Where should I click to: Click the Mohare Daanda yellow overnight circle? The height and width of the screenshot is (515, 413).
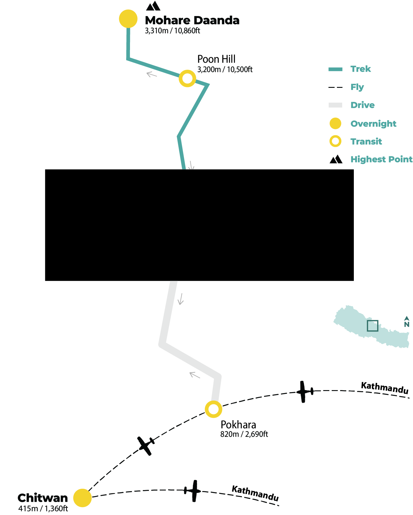128,19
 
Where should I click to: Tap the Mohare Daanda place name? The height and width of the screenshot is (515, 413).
192,20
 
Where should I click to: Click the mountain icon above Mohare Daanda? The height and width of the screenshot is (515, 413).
153,6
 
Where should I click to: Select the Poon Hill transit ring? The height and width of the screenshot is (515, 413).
187,78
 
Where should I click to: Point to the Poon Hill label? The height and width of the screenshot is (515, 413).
216,59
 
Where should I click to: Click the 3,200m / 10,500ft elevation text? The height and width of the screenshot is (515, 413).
225,69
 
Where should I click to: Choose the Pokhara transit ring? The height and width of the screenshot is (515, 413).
214,409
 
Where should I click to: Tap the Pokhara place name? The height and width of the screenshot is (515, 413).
238,425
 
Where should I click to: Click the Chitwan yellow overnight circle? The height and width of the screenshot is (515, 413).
82,498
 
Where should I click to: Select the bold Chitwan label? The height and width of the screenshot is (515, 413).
43,498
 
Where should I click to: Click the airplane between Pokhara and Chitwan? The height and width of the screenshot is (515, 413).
146,445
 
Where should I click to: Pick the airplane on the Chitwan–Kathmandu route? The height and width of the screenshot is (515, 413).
193,491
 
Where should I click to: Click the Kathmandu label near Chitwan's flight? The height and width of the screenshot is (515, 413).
255,493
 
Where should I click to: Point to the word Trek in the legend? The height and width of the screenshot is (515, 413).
361,69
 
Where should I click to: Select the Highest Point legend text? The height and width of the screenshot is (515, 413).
381,159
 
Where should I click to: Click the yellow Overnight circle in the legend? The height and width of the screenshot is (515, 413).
335,123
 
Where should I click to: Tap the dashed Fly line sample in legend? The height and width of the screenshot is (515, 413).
335,87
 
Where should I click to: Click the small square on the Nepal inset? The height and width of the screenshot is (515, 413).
372,326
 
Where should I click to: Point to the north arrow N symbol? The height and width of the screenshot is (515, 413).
407,322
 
